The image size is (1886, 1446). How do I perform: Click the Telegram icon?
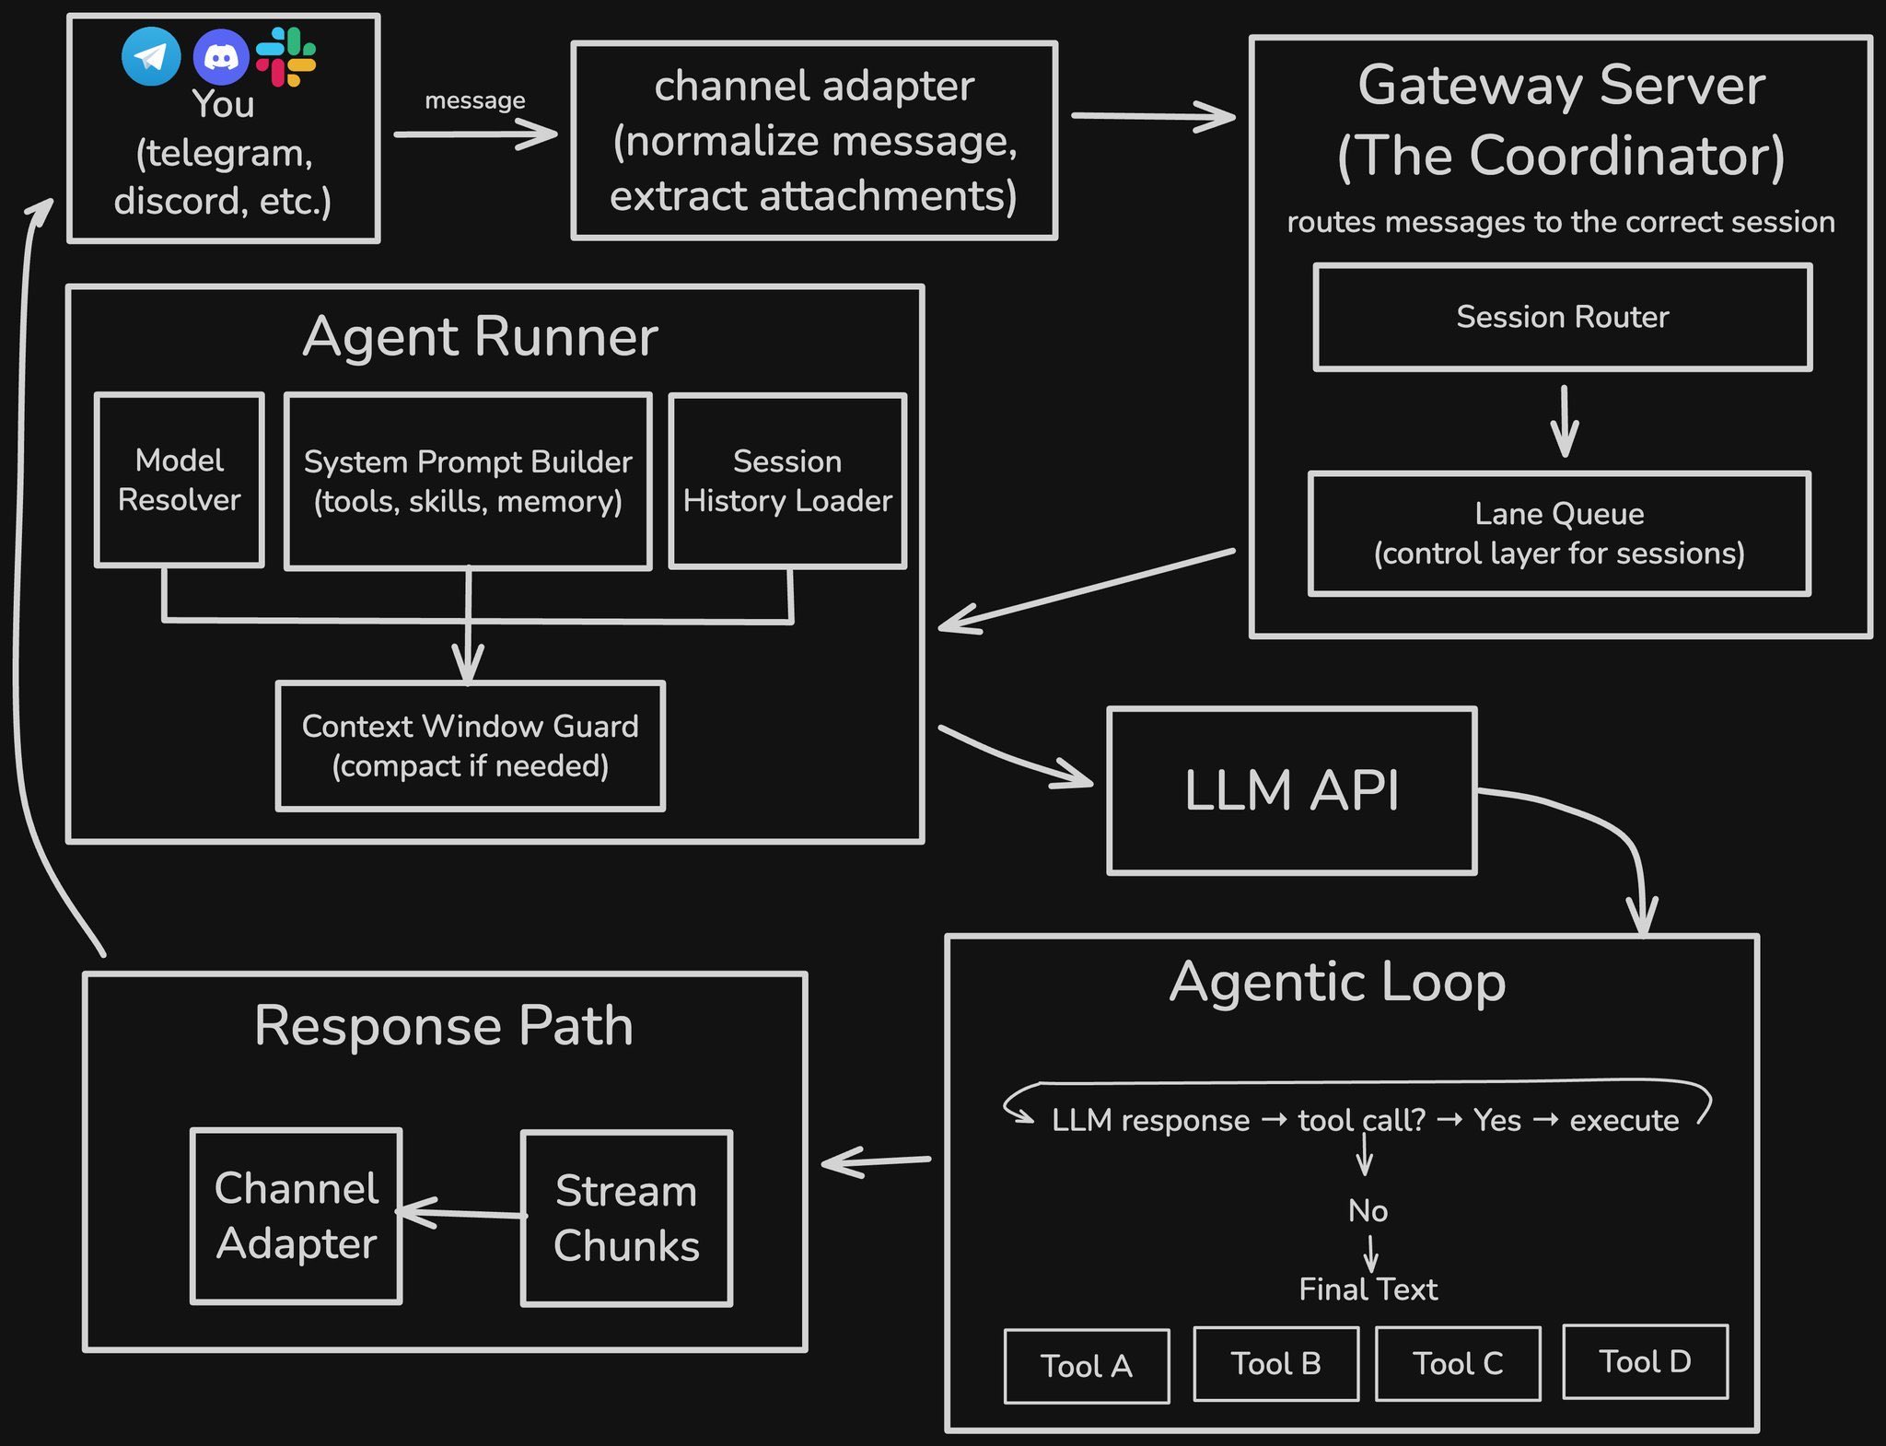(x=151, y=56)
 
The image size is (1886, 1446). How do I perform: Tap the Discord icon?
(x=221, y=57)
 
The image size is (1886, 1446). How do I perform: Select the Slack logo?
(x=285, y=57)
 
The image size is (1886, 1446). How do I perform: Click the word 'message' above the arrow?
(x=474, y=99)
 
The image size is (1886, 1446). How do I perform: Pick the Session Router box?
(x=1562, y=318)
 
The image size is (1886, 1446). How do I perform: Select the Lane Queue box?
(x=1559, y=533)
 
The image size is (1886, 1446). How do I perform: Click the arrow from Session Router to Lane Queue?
(x=1564, y=421)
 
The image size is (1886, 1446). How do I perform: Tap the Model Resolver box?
(x=180, y=480)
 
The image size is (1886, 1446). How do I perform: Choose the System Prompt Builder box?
(x=468, y=481)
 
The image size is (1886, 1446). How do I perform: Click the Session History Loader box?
(x=787, y=481)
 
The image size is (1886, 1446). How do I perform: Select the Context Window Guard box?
(x=470, y=746)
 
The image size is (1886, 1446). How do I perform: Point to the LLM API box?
(x=1291, y=790)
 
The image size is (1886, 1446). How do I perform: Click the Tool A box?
(x=1087, y=1366)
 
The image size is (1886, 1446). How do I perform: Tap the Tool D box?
(x=1645, y=1362)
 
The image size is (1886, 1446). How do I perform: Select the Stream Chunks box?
(x=626, y=1218)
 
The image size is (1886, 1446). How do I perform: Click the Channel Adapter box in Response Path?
(x=297, y=1216)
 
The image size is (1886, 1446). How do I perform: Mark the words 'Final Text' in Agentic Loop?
(x=1368, y=1289)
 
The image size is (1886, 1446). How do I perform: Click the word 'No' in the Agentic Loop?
(x=1368, y=1210)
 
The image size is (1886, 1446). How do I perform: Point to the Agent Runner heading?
(x=480, y=336)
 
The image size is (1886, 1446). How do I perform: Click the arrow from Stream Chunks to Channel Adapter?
(x=460, y=1213)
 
